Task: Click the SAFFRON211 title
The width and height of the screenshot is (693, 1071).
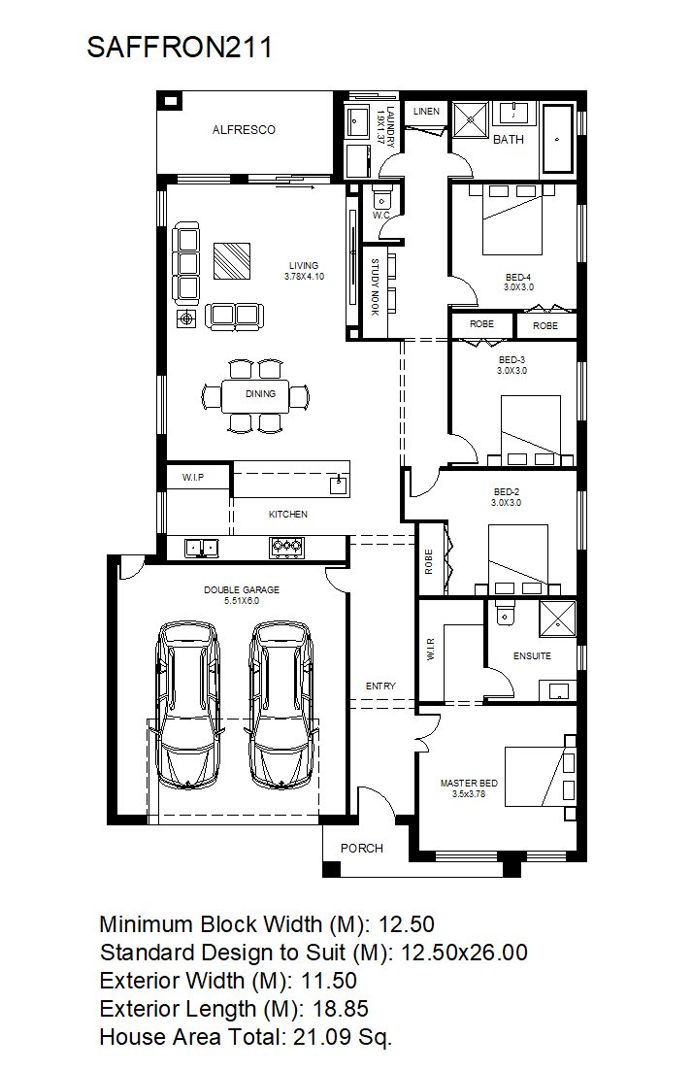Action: [x=180, y=48]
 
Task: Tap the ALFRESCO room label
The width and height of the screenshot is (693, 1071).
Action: [x=244, y=130]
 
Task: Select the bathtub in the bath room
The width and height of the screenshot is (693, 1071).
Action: [x=558, y=139]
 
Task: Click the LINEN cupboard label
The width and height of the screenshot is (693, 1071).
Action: [x=427, y=112]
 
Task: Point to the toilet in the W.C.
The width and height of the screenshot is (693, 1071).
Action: [x=381, y=198]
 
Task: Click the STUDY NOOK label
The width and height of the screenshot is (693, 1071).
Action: [x=375, y=286]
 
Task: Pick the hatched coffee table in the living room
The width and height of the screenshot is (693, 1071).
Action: [x=231, y=261]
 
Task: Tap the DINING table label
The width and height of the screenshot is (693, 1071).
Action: [x=261, y=394]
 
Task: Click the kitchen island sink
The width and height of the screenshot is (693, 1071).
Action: [x=339, y=485]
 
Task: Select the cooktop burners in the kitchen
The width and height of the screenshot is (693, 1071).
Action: [x=287, y=547]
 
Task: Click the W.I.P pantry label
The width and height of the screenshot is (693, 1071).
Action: [x=193, y=478]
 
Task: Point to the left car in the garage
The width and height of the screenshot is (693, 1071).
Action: [x=188, y=704]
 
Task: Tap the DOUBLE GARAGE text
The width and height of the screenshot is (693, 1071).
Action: [x=242, y=589]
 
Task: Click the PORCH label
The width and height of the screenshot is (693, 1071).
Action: [x=362, y=849]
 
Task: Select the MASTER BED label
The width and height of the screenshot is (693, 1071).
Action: [x=469, y=784]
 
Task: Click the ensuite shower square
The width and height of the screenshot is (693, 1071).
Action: [x=558, y=619]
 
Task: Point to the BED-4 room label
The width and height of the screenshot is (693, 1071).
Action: [x=518, y=278]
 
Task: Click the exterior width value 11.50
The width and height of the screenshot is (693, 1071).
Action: [x=329, y=981]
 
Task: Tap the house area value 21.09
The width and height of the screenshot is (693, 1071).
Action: [x=320, y=1037]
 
